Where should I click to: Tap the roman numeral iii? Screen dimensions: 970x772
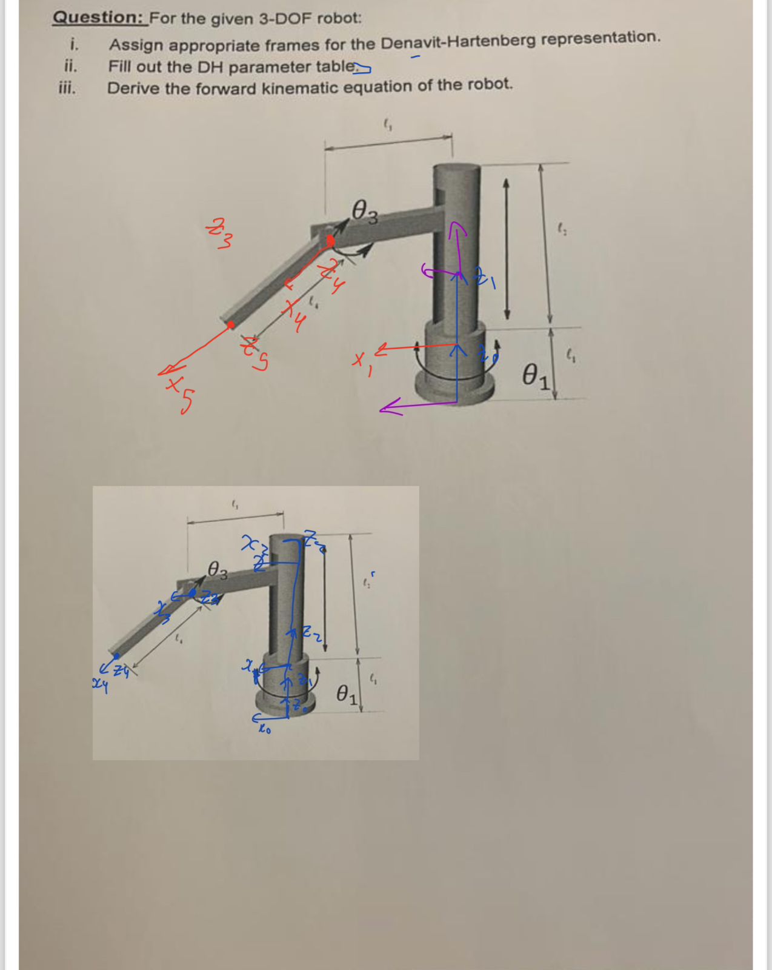[67, 88]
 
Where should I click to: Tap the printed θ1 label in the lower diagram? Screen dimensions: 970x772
[347, 694]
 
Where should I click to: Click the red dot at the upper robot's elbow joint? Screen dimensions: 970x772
[330, 241]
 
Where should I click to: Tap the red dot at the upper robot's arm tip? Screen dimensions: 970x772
[231, 325]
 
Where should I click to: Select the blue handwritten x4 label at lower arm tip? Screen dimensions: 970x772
[100, 686]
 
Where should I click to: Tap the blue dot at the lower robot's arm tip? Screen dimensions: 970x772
[116, 655]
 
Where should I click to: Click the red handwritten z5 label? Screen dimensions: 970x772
[255, 355]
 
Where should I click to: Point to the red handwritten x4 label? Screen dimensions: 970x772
[295, 315]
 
